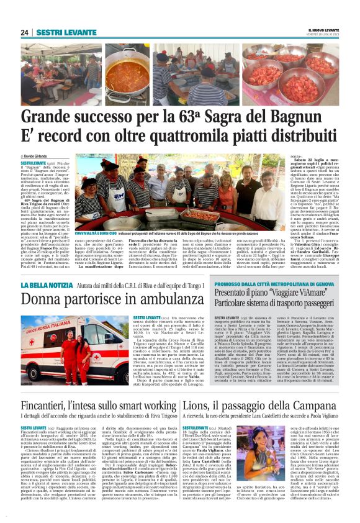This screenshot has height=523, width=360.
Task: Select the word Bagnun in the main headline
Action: point(308,116)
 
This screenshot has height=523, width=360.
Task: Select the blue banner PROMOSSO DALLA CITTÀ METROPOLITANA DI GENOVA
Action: point(267,285)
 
